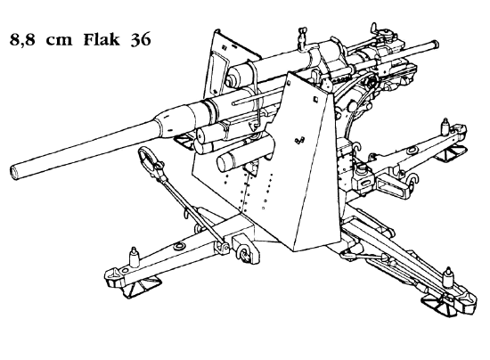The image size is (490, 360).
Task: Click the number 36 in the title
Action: (141, 40)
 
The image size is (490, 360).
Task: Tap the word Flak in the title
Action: (102, 39)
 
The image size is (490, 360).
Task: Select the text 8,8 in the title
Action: (22, 41)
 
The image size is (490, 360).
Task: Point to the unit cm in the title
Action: (59, 42)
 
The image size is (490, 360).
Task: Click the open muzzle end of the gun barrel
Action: (14, 172)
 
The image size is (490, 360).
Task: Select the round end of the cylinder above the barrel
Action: (232, 79)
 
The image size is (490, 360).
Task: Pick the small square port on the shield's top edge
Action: (316, 99)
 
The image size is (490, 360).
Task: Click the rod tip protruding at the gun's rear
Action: (434, 44)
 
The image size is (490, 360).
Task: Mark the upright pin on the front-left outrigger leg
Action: (134, 257)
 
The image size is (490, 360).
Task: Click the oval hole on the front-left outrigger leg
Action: (179, 246)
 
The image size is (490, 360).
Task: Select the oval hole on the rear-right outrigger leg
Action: (412, 151)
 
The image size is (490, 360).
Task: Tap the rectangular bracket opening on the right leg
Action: (392, 185)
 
